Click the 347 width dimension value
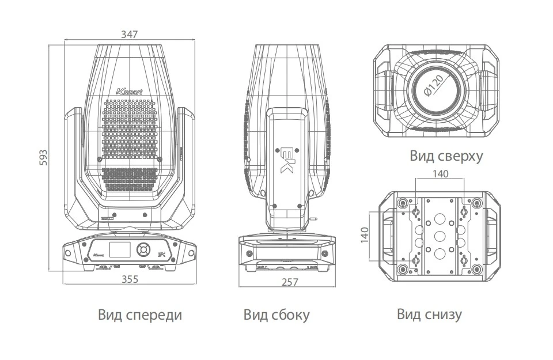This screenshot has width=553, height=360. point(130,34)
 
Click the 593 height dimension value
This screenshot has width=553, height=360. point(43,158)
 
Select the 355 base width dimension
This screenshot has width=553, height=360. point(130,279)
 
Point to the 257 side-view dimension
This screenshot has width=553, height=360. point(290,282)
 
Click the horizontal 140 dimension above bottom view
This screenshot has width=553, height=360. point(441,173)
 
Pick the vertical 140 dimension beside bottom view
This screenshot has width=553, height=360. point(365,235)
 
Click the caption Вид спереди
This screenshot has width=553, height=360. point(140,315)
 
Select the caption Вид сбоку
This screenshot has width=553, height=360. point(276,315)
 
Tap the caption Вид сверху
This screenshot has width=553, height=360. point(446,156)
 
